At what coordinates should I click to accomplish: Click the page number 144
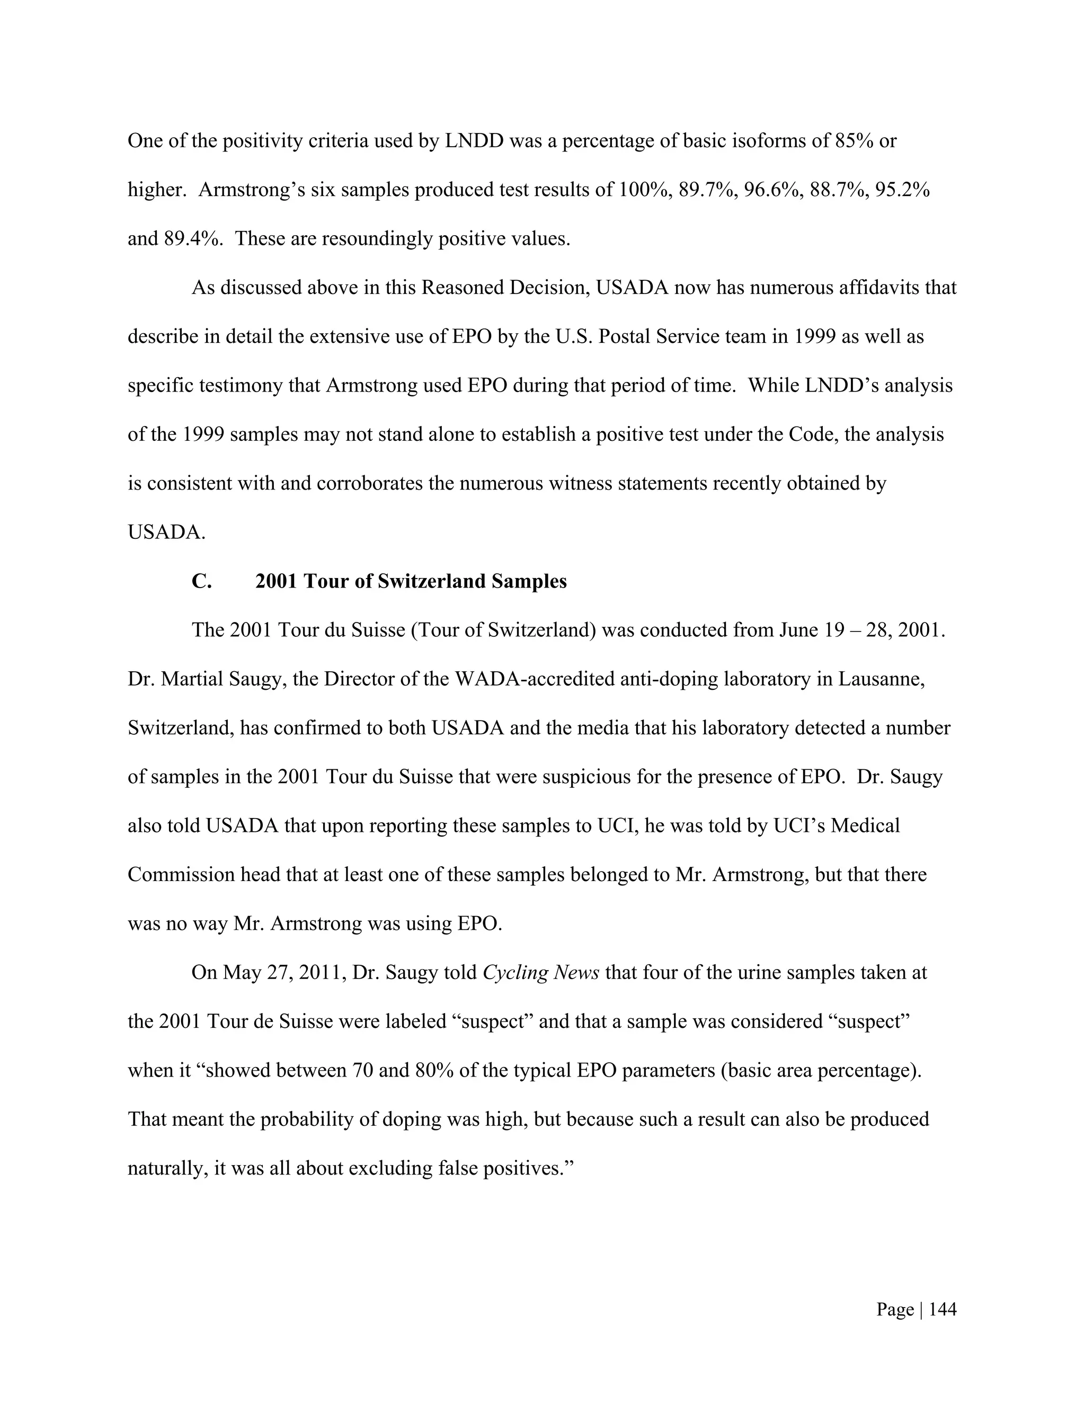click(942, 1310)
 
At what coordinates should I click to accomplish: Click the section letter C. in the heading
click(201, 581)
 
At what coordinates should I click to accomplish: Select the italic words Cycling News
click(540, 973)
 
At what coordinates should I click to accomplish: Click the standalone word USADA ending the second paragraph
click(166, 532)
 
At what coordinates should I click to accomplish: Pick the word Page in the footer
click(895, 1310)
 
